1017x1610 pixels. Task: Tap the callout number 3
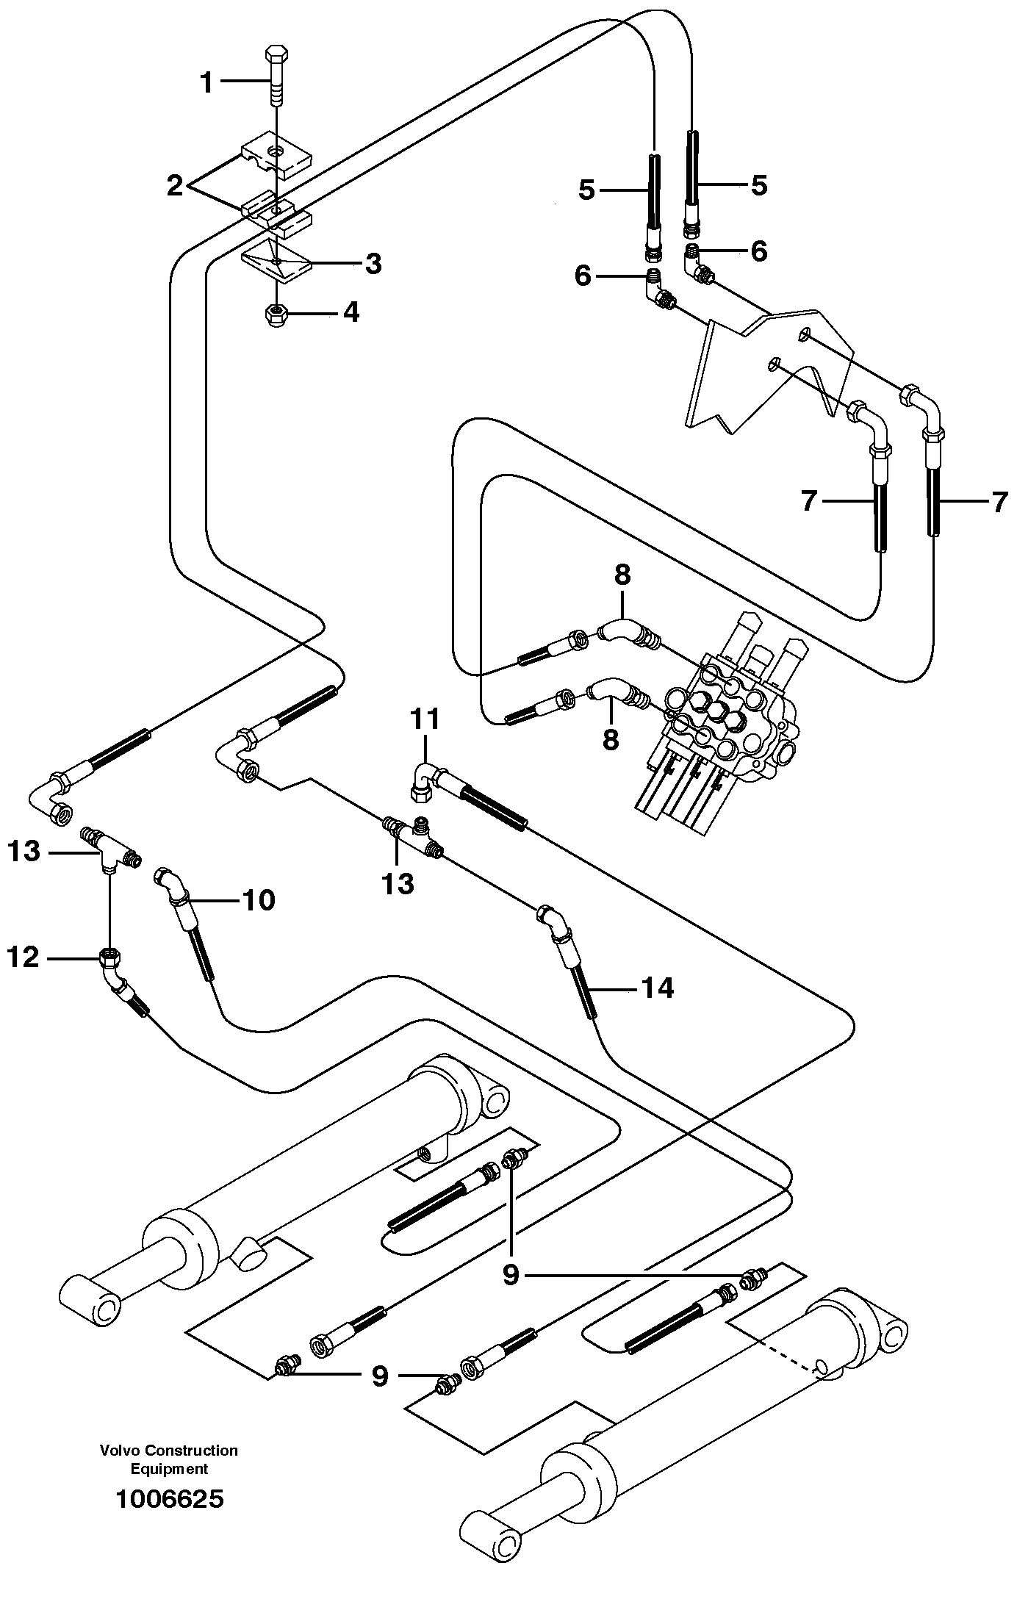(x=373, y=264)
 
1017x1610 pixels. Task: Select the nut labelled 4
(x=276, y=315)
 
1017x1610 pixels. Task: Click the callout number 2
(x=175, y=186)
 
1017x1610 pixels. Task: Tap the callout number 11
(x=424, y=719)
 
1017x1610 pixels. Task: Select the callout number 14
(x=657, y=988)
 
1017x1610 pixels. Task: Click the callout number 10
(x=259, y=899)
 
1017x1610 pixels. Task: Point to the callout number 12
(x=23, y=957)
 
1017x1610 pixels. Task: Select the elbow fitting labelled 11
(x=425, y=779)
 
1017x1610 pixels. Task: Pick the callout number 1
(x=207, y=83)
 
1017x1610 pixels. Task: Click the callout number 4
(x=351, y=312)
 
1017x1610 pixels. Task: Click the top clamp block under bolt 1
(x=276, y=157)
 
